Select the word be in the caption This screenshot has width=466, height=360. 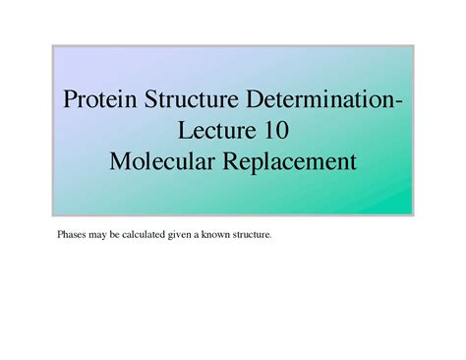tap(110, 236)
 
